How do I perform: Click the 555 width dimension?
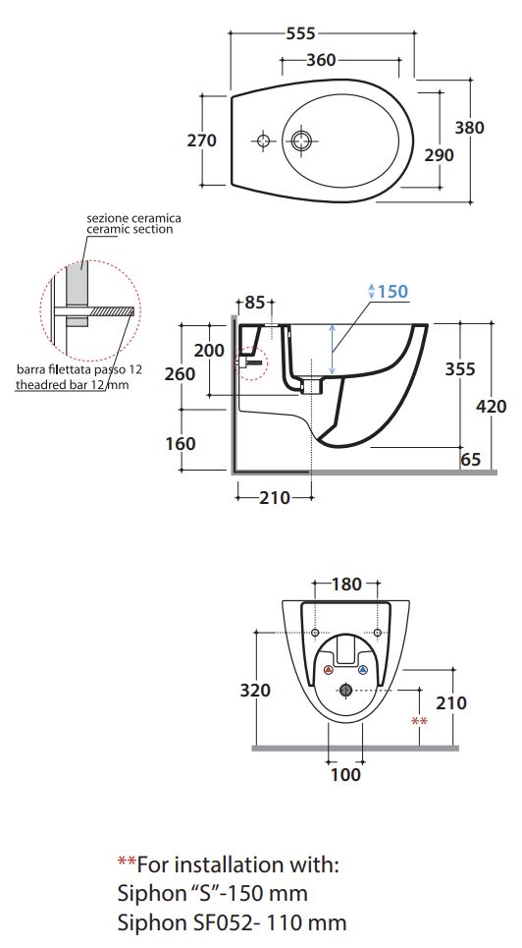pyautogui.click(x=301, y=33)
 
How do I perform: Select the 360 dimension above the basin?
pyautogui.click(x=321, y=60)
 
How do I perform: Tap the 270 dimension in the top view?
pyautogui.click(x=202, y=140)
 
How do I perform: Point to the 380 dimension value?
pyautogui.click(x=469, y=128)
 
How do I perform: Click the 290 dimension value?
pyautogui.click(x=439, y=155)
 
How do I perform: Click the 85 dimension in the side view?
pyautogui.click(x=255, y=302)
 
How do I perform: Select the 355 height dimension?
pyautogui.click(x=460, y=368)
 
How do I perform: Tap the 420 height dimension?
pyautogui.click(x=492, y=407)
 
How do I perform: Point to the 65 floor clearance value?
pyautogui.click(x=471, y=459)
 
